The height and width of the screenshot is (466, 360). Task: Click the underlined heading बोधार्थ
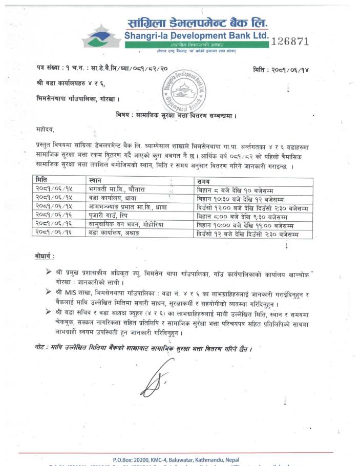click(45, 257)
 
